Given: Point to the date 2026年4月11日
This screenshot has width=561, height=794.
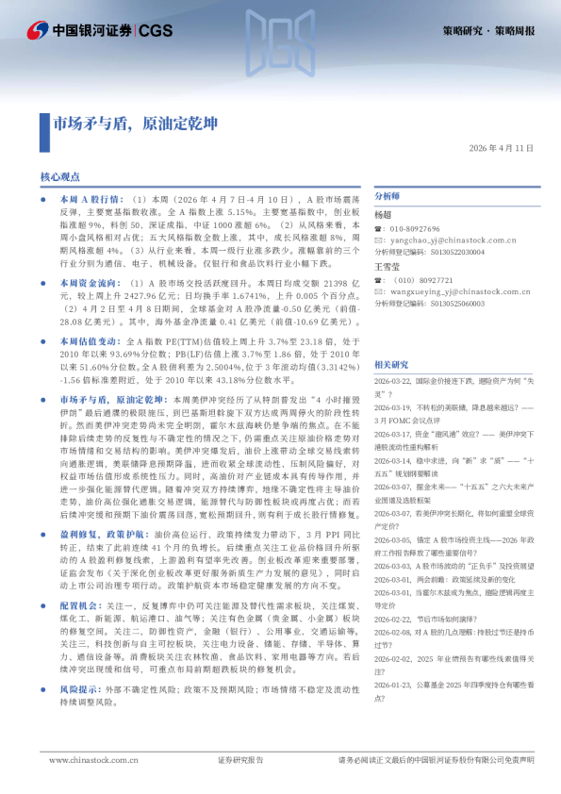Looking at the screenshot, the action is pyautogui.click(x=501, y=148).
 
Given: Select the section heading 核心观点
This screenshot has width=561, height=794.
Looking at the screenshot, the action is pyautogui.click(x=59, y=176).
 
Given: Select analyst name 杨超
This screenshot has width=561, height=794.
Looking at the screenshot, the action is pyautogui.click(x=383, y=215).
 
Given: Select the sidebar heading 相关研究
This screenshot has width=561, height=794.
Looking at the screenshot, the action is pyautogui.click(x=391, y=364).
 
